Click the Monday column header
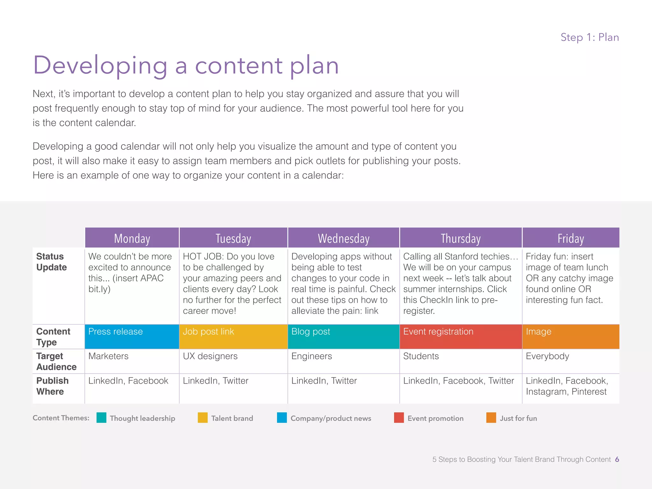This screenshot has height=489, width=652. (132, 238)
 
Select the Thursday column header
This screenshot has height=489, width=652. (460, 238)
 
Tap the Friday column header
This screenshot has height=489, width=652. (570, 238)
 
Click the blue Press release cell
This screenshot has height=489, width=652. (132, 337)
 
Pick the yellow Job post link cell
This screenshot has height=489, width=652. (233, 337)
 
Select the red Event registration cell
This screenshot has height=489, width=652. (460, 337)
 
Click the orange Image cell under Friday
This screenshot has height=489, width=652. (570, 337)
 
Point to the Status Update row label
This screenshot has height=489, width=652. (52, 262)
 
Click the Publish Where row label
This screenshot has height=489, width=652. (53, 386)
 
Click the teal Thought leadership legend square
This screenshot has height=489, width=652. (101, 418)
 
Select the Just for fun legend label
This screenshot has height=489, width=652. (518, 418)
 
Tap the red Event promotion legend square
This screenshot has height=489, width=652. (399, 418)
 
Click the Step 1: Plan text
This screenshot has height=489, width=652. (590, 37)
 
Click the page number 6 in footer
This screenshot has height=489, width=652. (617, 459)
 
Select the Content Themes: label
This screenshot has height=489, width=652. (61, 418)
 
